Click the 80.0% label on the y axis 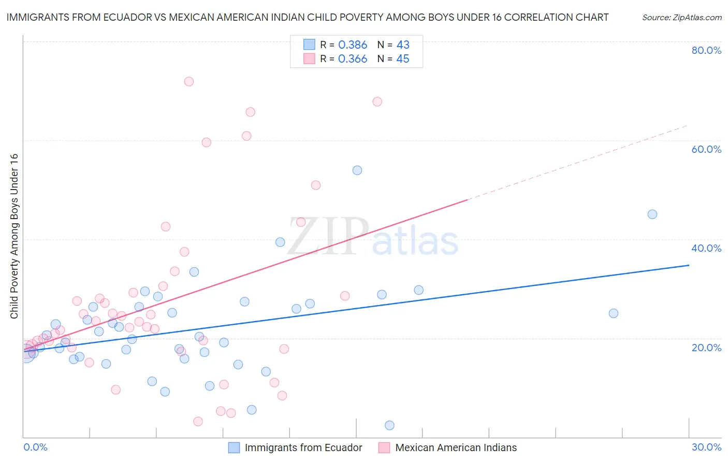tap(706, 50)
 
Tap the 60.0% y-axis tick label tap(706, 149)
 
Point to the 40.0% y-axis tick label tap(706, 248)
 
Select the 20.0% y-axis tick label tap(706, 347)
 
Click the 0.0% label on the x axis tap(35, 447)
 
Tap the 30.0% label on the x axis tap(706, 447)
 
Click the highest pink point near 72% tap(189, 81)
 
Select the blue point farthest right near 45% tap(652, 214)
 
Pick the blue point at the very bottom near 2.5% tap(390, 425)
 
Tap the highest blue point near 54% tap(357, 170)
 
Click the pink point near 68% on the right tap(377, 102)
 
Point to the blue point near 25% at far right tap(614, 313)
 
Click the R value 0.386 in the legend tap(353, 45)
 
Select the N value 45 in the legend tap(403, 59)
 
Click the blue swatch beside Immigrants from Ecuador tap(234, 447)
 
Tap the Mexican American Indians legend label tap(456, 447)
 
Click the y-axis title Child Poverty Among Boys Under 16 tap(14, 236)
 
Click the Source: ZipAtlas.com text tap(681, 18)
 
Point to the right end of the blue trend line tap(689, 265)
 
